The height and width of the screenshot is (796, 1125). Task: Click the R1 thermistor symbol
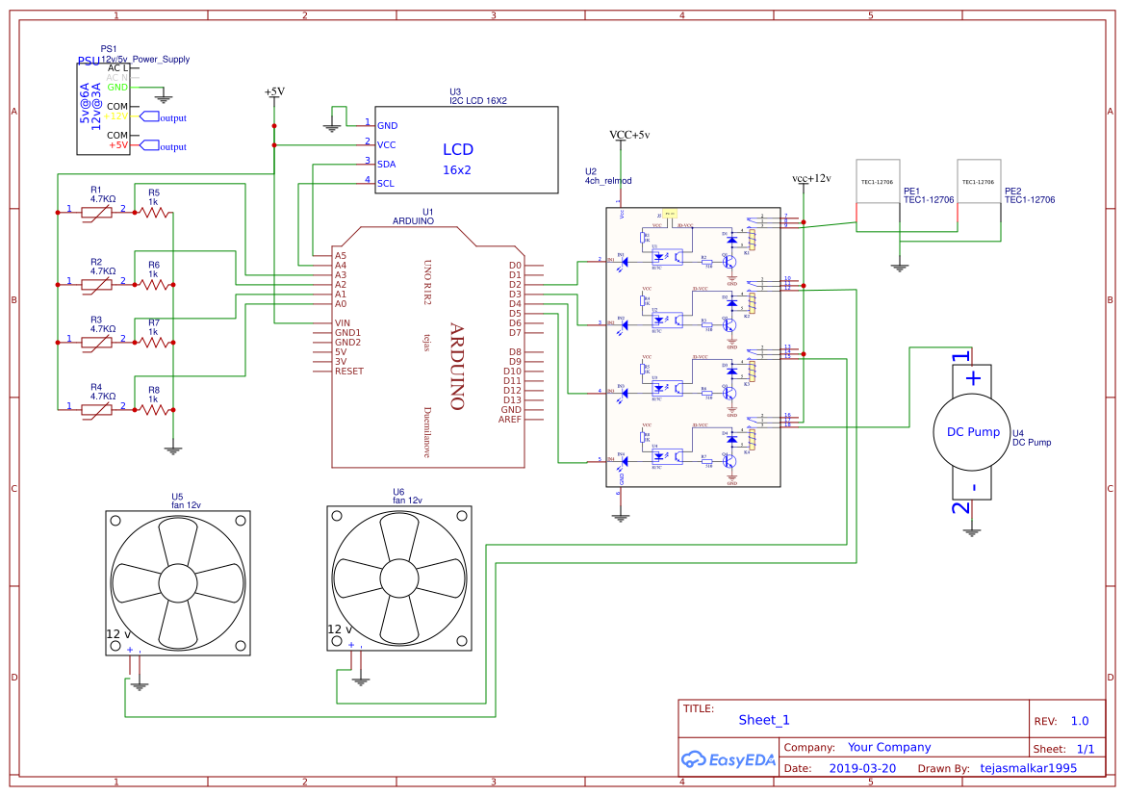tap(95, 211)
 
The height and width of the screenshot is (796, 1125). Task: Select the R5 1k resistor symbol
tap(154, 212)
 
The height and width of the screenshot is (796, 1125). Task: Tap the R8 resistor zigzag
tap(154, 409)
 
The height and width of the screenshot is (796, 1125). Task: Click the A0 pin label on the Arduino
tap(341, 304)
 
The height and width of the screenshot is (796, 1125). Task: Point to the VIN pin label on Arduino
tap(342, 323)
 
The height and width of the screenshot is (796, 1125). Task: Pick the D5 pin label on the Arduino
tap(515, 314)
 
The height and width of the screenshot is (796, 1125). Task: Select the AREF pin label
tap(511, 420)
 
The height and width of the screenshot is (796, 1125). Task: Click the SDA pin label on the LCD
tap(386, 164)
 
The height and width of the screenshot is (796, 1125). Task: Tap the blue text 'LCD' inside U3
tap(457, 150)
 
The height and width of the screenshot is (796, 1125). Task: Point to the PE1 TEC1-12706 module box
tap(878, 195)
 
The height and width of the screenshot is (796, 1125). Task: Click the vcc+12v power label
tap(810, 179)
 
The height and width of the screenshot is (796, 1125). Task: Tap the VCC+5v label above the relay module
tap(629, 135)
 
